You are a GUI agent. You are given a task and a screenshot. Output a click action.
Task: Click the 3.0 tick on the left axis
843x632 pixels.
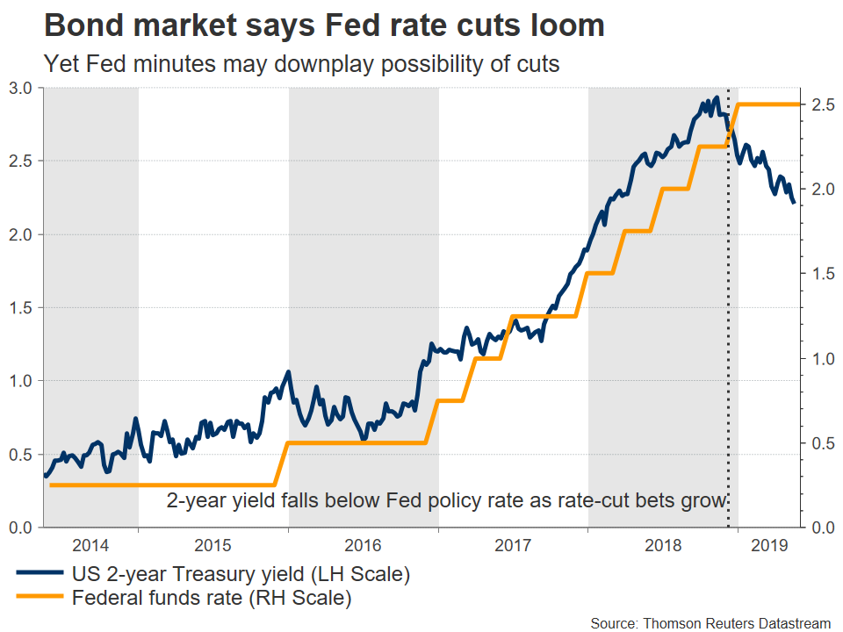point(22,88)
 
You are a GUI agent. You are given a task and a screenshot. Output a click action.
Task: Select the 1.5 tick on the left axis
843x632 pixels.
point(22,307)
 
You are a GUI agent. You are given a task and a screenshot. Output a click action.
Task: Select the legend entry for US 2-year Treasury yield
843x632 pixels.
point(239,576)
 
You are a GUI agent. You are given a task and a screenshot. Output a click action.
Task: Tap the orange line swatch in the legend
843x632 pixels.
point(39,600)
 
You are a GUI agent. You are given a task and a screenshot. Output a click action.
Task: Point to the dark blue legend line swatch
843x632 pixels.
point(39,576)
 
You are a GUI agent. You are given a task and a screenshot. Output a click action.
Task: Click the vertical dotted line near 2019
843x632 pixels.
point(728,351)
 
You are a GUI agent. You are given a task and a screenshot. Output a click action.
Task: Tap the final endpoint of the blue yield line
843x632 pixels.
point(794,203)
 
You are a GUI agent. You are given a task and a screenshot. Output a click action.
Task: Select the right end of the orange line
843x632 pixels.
point(799,104)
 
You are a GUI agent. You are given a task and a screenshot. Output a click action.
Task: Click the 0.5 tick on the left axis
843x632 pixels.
point(22,454)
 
